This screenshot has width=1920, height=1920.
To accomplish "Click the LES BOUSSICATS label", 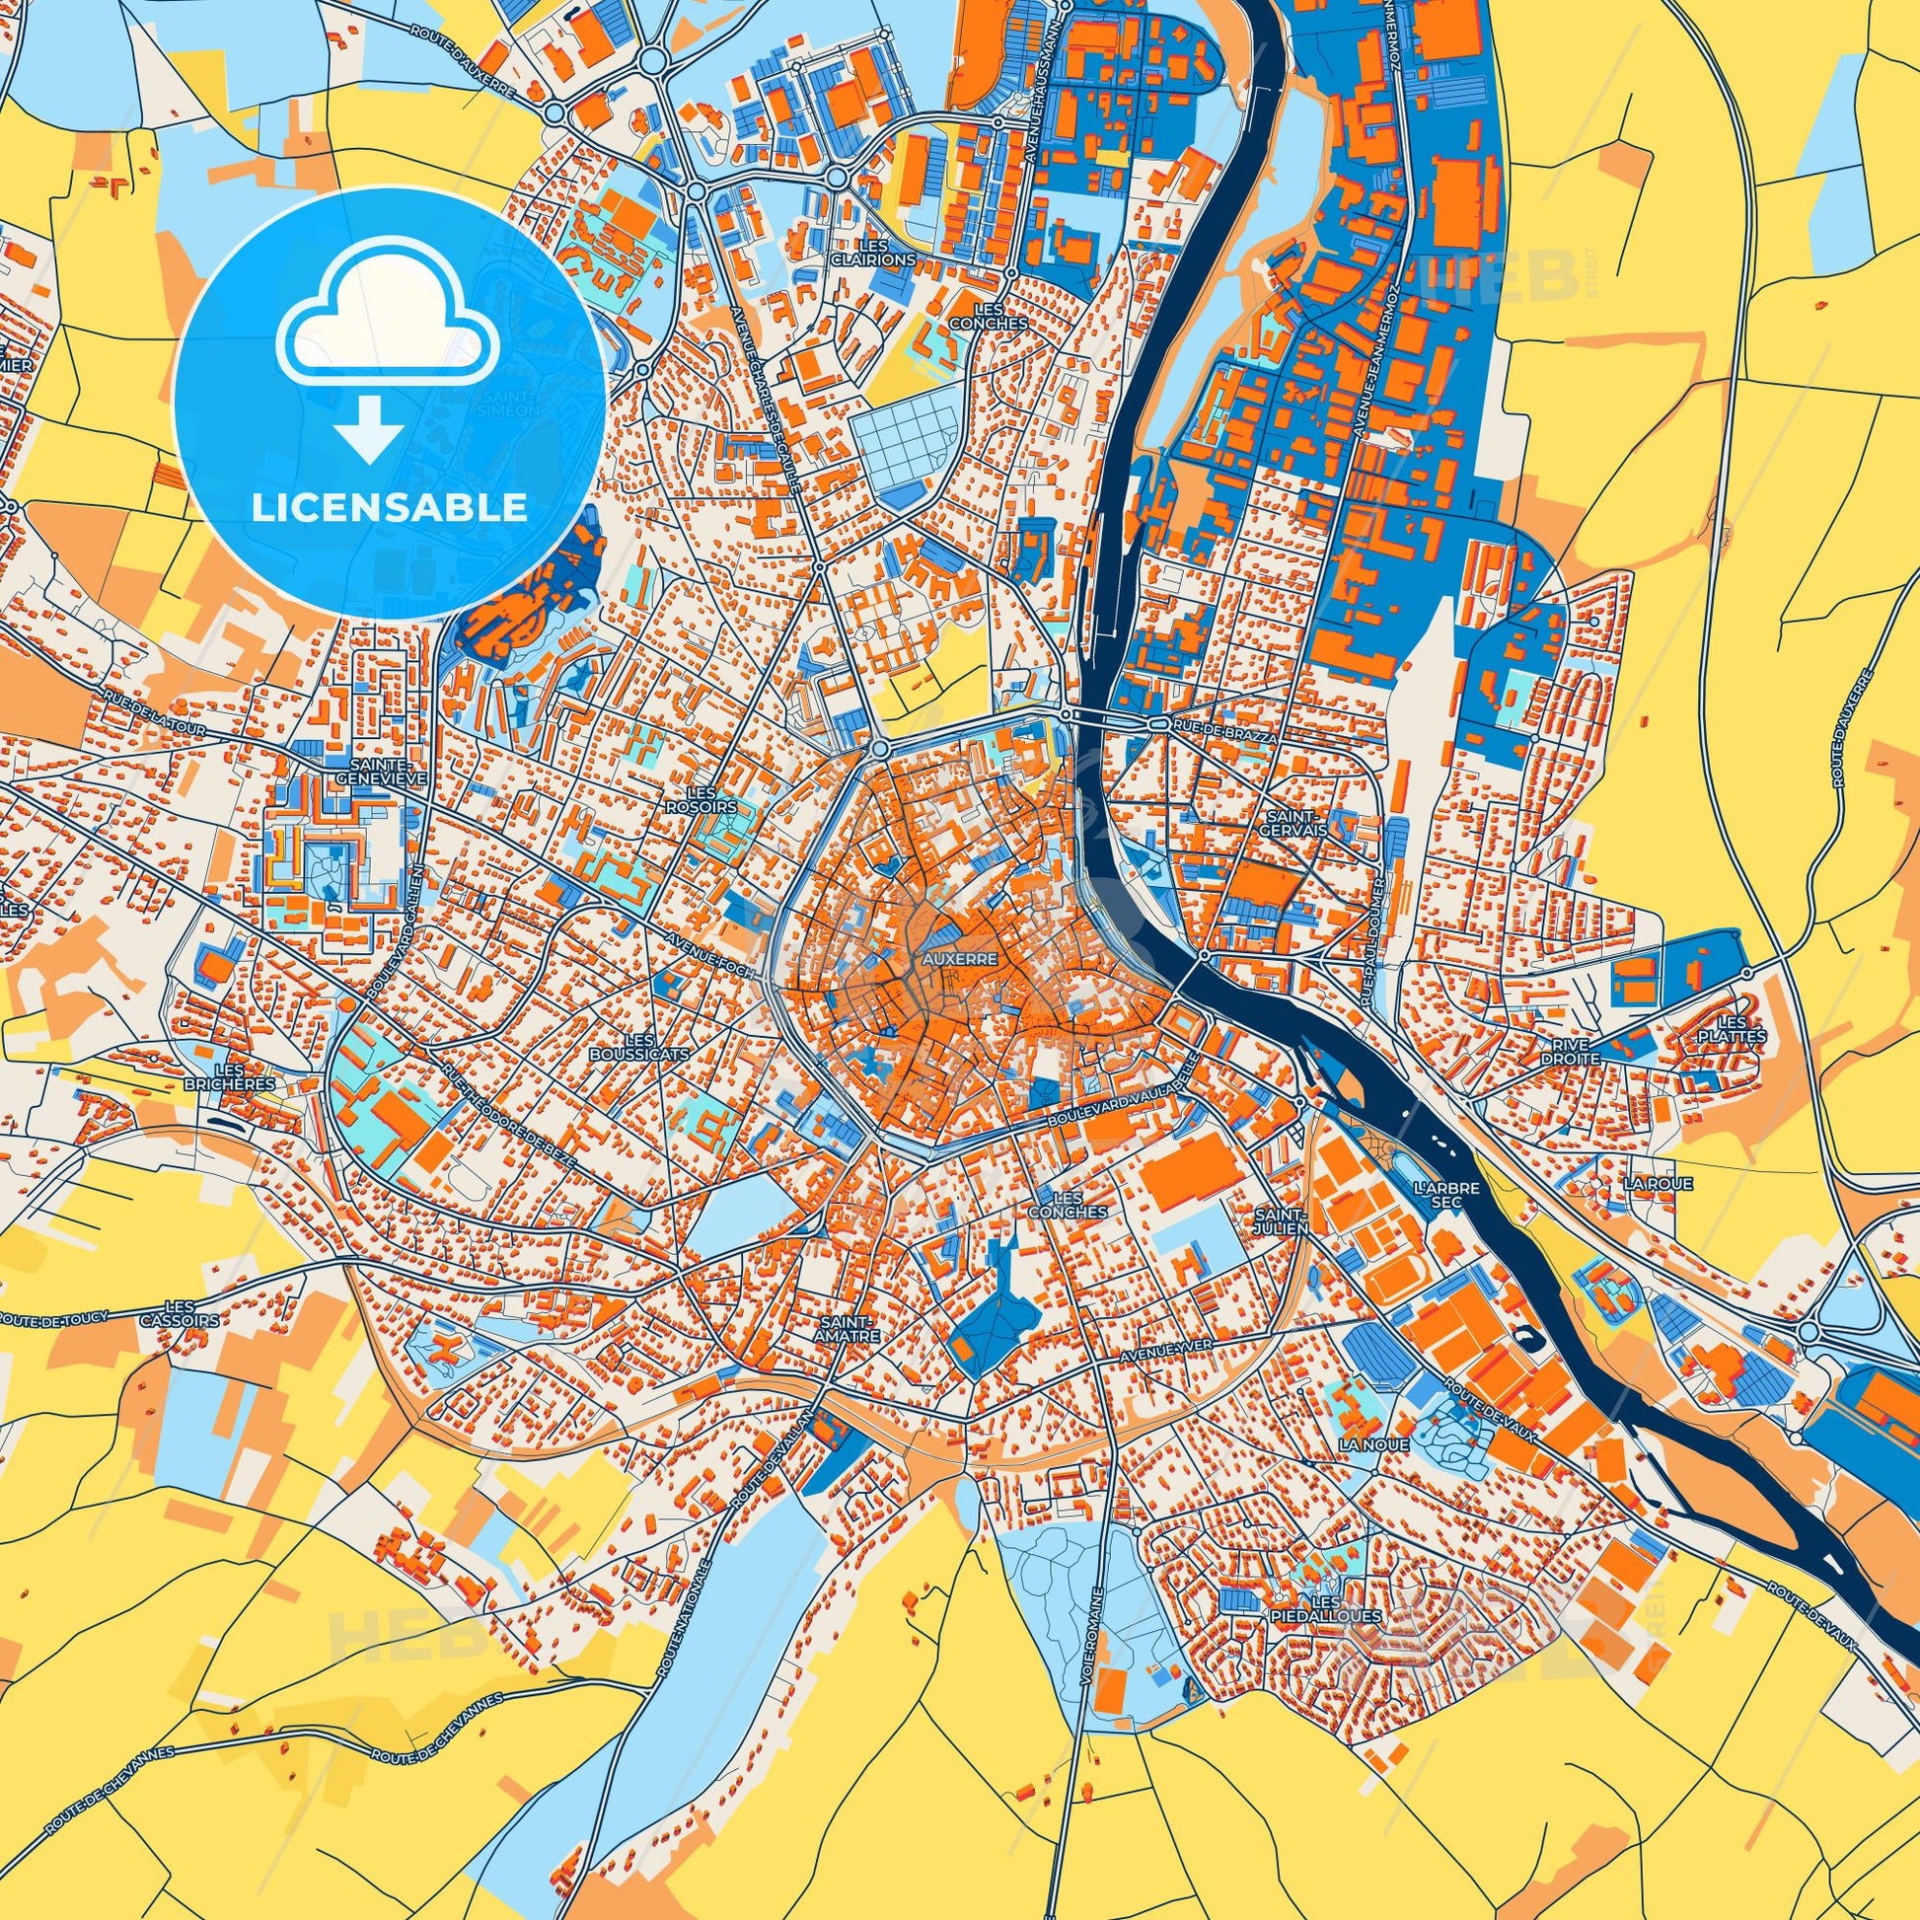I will pos(652,1046).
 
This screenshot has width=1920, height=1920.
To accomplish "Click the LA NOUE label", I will pos(1374,1444).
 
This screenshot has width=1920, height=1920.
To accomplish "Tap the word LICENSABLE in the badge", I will pos(390,508).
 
